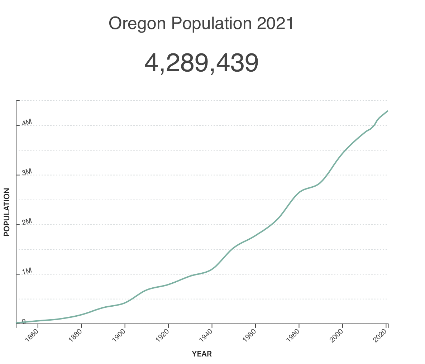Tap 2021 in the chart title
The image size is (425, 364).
275,24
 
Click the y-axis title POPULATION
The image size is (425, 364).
7,212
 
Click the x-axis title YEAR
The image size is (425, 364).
202,354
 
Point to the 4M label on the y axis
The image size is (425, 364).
27,123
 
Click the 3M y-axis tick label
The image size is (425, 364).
27,172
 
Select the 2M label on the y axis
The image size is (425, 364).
27,222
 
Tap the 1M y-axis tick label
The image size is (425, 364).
27,272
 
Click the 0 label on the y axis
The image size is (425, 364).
24,321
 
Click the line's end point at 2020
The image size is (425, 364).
387,111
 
